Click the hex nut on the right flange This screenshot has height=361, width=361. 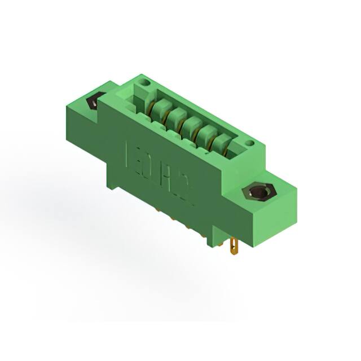257,193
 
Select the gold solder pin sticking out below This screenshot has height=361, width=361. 235,245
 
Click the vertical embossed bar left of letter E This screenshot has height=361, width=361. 127,150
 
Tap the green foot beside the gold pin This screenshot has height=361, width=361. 220,240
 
